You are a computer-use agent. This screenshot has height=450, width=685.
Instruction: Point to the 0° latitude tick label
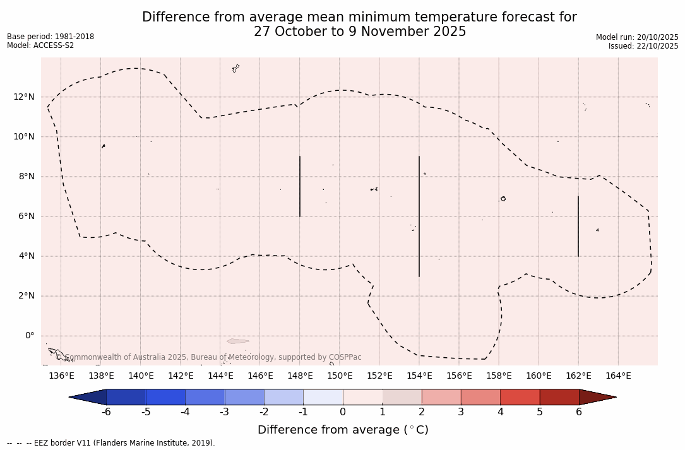point(30,336)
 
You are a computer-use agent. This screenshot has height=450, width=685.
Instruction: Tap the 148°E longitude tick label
point(300,376)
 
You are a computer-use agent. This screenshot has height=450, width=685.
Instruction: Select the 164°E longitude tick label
point(618,376)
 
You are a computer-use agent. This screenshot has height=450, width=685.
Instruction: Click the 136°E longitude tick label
point(61,376)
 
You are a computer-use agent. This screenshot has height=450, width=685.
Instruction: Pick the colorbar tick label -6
point(106,412)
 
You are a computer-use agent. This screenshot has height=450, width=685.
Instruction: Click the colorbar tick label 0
point(343,412)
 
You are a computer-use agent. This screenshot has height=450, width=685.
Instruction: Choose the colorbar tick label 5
point(540,412)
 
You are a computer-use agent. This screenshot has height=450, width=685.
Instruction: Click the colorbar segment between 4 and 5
point(520,397)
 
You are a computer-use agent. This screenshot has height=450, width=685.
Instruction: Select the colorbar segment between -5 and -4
point(165,397)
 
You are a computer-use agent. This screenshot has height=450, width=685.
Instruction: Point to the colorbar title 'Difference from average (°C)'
point(343,430)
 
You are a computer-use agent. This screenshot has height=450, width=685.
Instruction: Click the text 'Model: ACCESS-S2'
point(40,45)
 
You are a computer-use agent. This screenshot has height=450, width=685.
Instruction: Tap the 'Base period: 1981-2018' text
point(51,37)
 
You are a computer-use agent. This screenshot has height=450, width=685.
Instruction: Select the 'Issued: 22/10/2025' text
point(643,46)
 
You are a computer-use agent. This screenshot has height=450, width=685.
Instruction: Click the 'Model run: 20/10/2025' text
point(637,37)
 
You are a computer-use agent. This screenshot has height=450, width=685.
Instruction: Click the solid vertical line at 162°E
point(578,226)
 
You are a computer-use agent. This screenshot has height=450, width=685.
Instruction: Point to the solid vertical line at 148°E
point(300,186)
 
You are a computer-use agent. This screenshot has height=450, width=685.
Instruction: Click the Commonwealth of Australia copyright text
point(209,357)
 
